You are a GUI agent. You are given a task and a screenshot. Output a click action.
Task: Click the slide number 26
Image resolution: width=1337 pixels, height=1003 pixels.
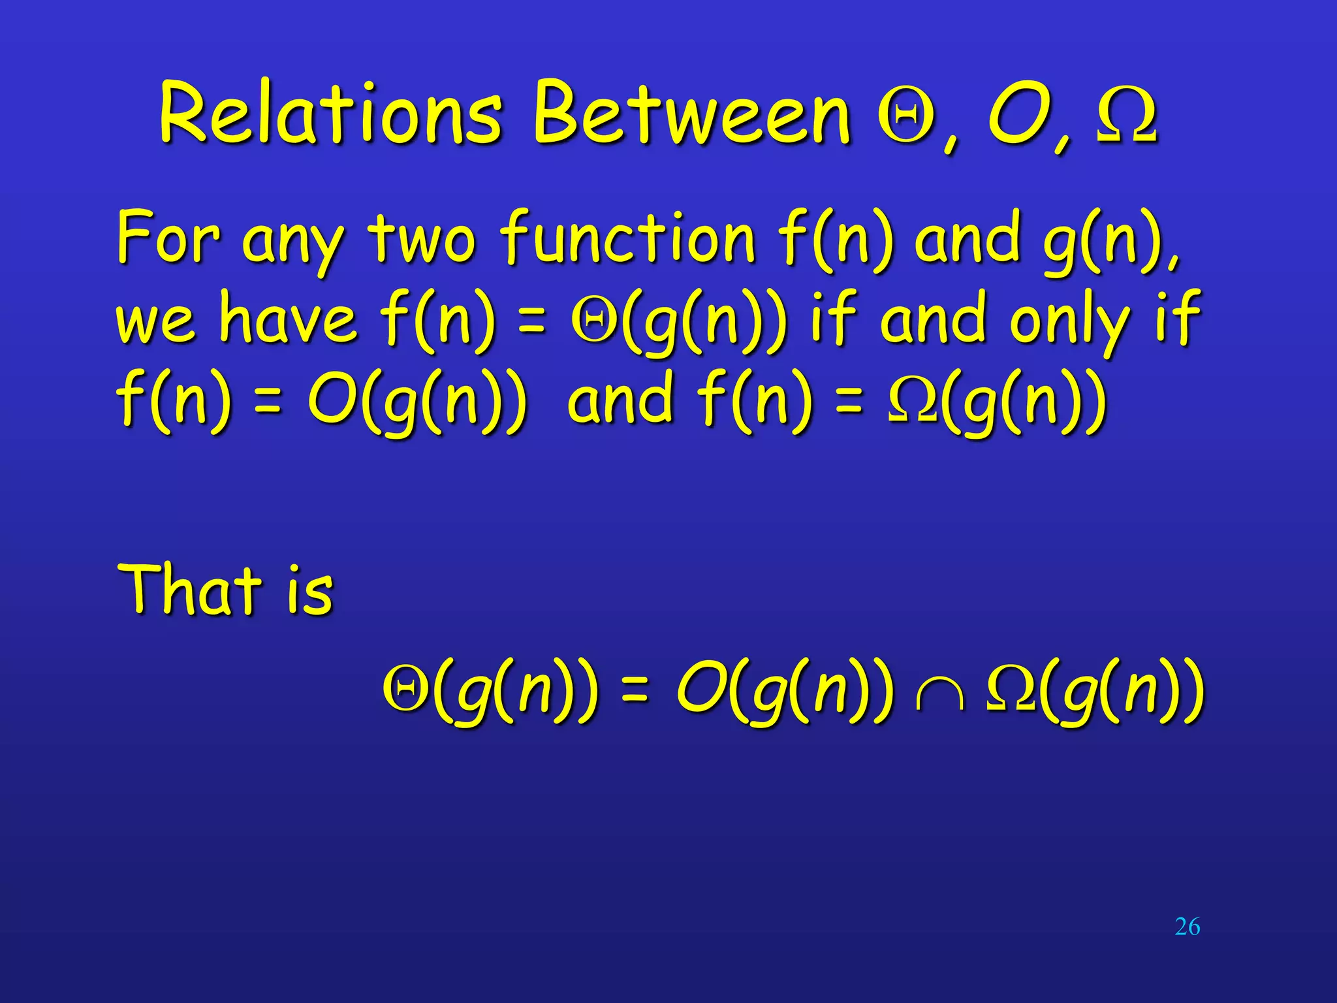tap(1187, 927)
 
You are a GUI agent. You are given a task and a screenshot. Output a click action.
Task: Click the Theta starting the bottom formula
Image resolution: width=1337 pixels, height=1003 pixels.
tap(405, 689)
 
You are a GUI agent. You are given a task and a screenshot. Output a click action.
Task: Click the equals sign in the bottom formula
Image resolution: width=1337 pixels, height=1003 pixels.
tap(635, 692)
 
